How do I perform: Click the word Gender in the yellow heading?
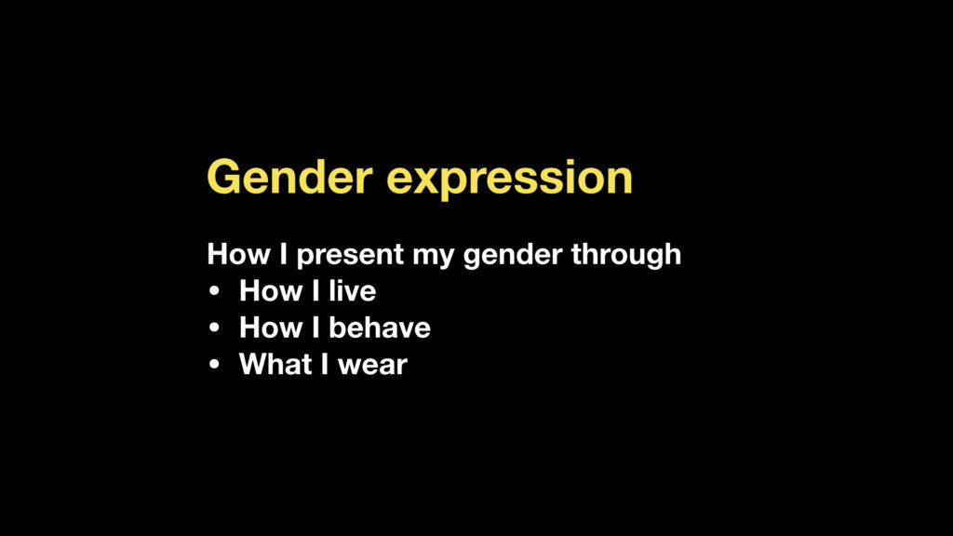pos(289,177)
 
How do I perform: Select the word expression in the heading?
pos(509,181)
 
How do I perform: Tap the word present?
pos(350,255)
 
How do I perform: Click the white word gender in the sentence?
pos(513,256)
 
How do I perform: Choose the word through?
pos(626,255)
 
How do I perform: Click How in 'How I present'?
pos(238,253)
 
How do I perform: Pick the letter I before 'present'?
pos(283,253)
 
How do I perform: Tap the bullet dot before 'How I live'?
pos(214,291)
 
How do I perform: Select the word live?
pos(353,290)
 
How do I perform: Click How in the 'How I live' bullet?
pos(271,290)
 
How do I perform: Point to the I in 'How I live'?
pos(315,290)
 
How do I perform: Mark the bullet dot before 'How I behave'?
pos(214,328)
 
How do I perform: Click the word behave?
pos(380,328)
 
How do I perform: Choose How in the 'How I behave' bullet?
pos(271,328)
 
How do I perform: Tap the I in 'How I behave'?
pos(315,328)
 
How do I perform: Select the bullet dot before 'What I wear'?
pos(214,365)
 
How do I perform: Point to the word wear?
pos(372,367)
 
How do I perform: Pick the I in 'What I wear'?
pos(325,364)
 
